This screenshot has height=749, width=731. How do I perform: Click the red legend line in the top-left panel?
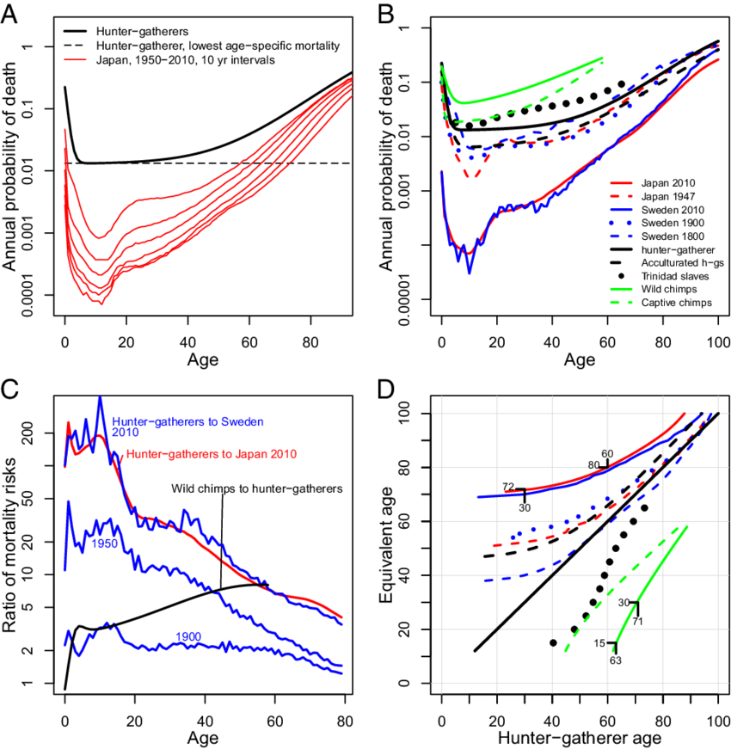pyautogui.click(x=75, y=60)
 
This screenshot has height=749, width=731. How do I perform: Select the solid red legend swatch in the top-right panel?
pyautogui.click(x=621, y=182)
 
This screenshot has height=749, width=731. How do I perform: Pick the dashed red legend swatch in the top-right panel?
pyautogui.click(x=621, y=195)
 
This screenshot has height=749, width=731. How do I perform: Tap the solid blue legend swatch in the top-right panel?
pyautogui.click(x=621, y=209)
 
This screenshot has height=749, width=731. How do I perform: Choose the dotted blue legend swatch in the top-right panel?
pyautogui.click(x=621, y=222)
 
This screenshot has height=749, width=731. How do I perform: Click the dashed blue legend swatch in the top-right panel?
pyautogui.click(x=621, y=235)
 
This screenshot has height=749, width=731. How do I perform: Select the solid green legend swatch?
pyautogui.click(x=621, y=289)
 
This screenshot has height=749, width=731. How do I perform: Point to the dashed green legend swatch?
pyautogui.click(x=621, y=302)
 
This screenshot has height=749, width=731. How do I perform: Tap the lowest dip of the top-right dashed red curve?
pyautogui.click(x=472, y=176)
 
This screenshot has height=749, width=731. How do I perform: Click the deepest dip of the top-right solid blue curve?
pyautogui.click(x=469, y=272)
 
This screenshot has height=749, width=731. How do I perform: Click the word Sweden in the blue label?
pyautogui.click(x=242, y=422)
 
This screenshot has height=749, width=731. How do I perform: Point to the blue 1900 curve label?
pyautogui.click(x=105, y=544)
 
